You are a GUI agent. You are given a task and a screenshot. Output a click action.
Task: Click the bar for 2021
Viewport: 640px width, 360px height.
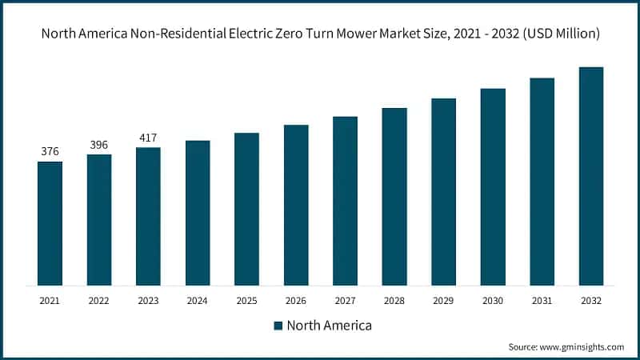50,223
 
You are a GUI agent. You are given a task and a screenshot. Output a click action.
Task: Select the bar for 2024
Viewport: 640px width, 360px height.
198,213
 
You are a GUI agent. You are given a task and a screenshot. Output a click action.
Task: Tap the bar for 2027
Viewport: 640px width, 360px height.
345,201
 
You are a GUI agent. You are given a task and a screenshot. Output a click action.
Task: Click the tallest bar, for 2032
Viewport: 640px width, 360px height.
591,176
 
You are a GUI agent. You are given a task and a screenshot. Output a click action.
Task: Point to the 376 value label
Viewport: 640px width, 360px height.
50,151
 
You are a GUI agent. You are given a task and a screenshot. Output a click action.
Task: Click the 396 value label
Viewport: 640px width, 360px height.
99,144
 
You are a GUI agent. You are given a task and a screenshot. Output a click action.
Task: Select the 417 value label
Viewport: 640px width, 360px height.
148,137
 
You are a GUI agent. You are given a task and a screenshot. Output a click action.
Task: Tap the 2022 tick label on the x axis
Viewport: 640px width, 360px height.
99,300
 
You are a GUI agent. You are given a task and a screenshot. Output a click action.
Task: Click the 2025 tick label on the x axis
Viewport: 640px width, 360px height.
246,300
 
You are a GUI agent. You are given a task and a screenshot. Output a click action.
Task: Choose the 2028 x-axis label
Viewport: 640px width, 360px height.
394,300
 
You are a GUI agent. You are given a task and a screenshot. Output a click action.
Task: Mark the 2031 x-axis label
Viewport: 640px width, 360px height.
542,300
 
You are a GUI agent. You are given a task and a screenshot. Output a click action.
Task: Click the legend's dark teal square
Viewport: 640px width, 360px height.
278,326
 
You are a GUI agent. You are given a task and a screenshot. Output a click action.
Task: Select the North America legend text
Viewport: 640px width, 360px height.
329,326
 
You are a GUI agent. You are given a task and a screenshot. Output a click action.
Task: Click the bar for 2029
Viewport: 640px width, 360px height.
443,192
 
